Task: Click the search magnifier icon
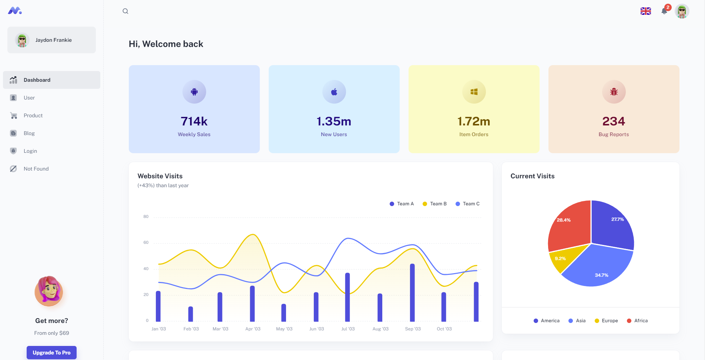(125, 11)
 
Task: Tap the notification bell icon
(664, 11)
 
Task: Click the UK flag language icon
(646, 11)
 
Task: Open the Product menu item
(33, 115)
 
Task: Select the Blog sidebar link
(29, 133)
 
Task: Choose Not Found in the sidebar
(36, 169)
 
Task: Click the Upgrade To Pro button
(51, 353)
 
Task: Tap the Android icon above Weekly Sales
(194, 92)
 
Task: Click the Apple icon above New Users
(334, 92)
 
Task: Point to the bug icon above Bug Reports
(614, 92)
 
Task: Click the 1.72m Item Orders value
(474, 121)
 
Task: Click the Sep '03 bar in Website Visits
(412, 292)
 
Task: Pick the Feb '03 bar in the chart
(191, 314)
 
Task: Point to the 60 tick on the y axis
(146, 243)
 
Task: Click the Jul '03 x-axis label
(348, 329)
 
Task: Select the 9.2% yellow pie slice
(561, 260)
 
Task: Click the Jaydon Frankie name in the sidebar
(54, 40)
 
